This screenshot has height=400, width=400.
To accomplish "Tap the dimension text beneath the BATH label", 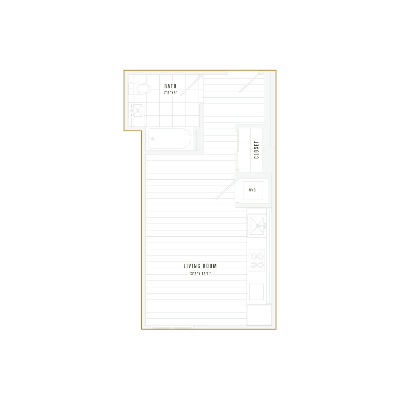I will coord(169,93).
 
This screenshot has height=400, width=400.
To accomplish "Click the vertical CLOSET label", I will coord(256,150).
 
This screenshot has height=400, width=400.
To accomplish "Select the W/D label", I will coord(252,190).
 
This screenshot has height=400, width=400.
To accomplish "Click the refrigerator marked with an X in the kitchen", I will coord(257,225).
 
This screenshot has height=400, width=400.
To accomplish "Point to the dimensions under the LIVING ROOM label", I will coord(199,274).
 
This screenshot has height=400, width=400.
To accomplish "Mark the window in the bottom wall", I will coord(172,327).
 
